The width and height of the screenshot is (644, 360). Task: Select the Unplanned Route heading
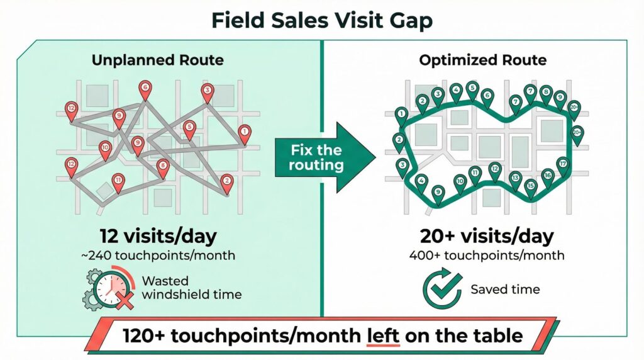pyautogui.click(x=158, y=60)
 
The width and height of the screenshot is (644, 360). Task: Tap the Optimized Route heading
pyautogui.click(x=482, y=60)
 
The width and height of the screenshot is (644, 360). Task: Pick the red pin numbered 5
pyautogui.click(x=189, y=130)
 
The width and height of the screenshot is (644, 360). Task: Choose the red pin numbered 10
pyautogui.click(x=105, y=150)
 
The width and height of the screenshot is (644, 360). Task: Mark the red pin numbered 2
pyautogui.click(x=226, y=184)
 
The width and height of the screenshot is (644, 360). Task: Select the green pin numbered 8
pyautogui.click(x=546, y=94)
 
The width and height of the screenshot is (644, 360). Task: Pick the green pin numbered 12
pyautogui.click(x=495, y=171)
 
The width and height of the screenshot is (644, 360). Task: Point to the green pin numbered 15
pyautogui.click(x=531, y=189)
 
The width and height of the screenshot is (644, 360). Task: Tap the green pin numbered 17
pyautogui.click(x=563, y=167)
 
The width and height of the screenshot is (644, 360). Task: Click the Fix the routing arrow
pyautogui.click(x=325, y=157)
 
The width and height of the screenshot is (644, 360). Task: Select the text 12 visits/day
pyautogui.click(x=158, y=236)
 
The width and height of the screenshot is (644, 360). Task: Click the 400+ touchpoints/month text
pyautogui.click(x=487, y=255)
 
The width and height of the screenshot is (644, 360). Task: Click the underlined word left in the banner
pyautogui.click(x=383, y=335)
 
